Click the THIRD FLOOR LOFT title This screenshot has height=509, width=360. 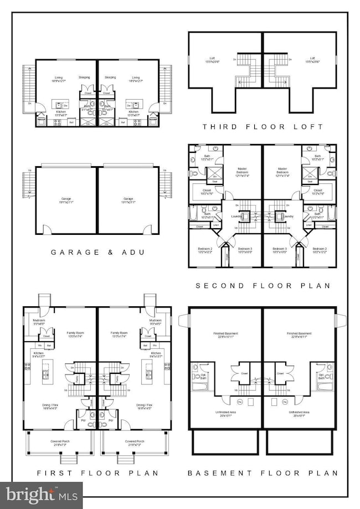263,127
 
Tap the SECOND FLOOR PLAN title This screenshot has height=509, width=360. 263,286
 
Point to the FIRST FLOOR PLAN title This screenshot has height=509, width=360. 97,472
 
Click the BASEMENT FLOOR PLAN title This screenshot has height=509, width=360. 263,472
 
